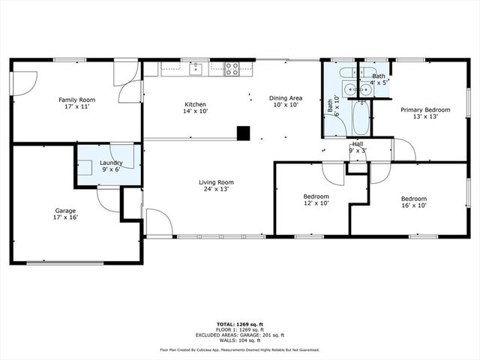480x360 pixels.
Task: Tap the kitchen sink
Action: point(196,70)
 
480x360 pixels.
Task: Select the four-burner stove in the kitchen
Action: point(232,70)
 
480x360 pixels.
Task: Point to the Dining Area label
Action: point(286,98)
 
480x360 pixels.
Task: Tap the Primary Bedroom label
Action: point(419,110)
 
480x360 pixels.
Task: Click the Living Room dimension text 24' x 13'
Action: point(216,189)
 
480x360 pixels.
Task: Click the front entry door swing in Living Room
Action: point(157,223)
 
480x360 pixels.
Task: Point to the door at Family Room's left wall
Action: point(25,81)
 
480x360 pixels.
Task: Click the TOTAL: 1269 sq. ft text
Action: point(240,325)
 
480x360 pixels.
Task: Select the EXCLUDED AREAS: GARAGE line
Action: point(240,334)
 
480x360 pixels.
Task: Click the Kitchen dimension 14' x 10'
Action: point(196,111)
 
